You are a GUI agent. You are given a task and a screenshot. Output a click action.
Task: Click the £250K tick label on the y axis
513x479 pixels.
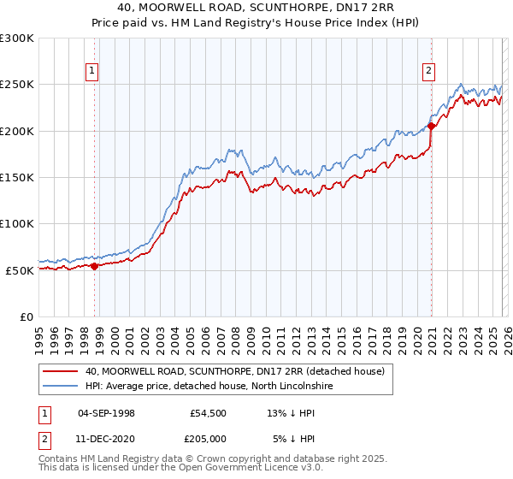[17, 85]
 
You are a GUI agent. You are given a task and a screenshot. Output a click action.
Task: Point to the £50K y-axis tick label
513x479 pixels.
[20, 270]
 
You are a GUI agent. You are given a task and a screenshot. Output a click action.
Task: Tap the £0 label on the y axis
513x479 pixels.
[27, 316]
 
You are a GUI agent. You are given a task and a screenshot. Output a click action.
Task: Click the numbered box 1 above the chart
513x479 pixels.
[91, 72]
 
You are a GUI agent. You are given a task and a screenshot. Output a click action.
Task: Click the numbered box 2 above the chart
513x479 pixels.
[428, 72]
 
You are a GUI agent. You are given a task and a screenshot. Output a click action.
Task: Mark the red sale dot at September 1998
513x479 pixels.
[94, 266]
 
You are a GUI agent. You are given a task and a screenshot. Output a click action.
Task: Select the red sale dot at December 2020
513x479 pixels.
[432, 127]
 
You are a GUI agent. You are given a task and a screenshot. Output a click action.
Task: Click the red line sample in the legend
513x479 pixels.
[60, 371]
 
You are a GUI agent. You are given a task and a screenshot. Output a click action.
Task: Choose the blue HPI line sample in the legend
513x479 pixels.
[60, 387]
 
